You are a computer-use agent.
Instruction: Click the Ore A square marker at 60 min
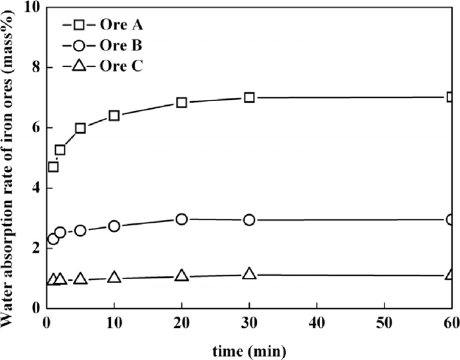tap(451, 97)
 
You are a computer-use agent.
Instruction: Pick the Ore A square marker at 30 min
tap(249, 97)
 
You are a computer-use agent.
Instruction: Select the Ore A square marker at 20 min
tap(181, 102)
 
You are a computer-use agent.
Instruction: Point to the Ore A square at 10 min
tap(114, 116)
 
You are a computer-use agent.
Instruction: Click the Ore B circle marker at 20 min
tap(181, 219)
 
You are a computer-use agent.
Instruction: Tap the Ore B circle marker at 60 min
tap(451, 219)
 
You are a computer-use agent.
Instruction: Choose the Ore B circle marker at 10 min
tap(114, 226)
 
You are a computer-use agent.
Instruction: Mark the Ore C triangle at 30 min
tap(249, 273)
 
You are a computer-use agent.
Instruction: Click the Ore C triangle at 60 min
tap(451, 275)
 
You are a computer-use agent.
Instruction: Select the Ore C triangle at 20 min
tap(181, 276)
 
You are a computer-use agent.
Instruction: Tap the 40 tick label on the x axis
tap(317, 323)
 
